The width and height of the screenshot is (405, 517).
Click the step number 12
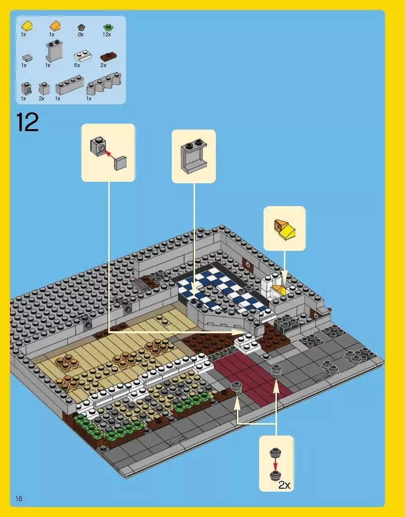(x=27, y=123)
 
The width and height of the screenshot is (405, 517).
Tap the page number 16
(x=19, y=498)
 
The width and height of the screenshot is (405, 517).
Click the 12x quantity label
(x=106, y=35)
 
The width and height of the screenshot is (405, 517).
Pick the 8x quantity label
(x=80, y=35)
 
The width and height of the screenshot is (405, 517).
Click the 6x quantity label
(x=77, y=65)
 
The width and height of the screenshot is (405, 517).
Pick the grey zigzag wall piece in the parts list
(x=103, y=83)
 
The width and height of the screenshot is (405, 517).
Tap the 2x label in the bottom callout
(x=284, y=485)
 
